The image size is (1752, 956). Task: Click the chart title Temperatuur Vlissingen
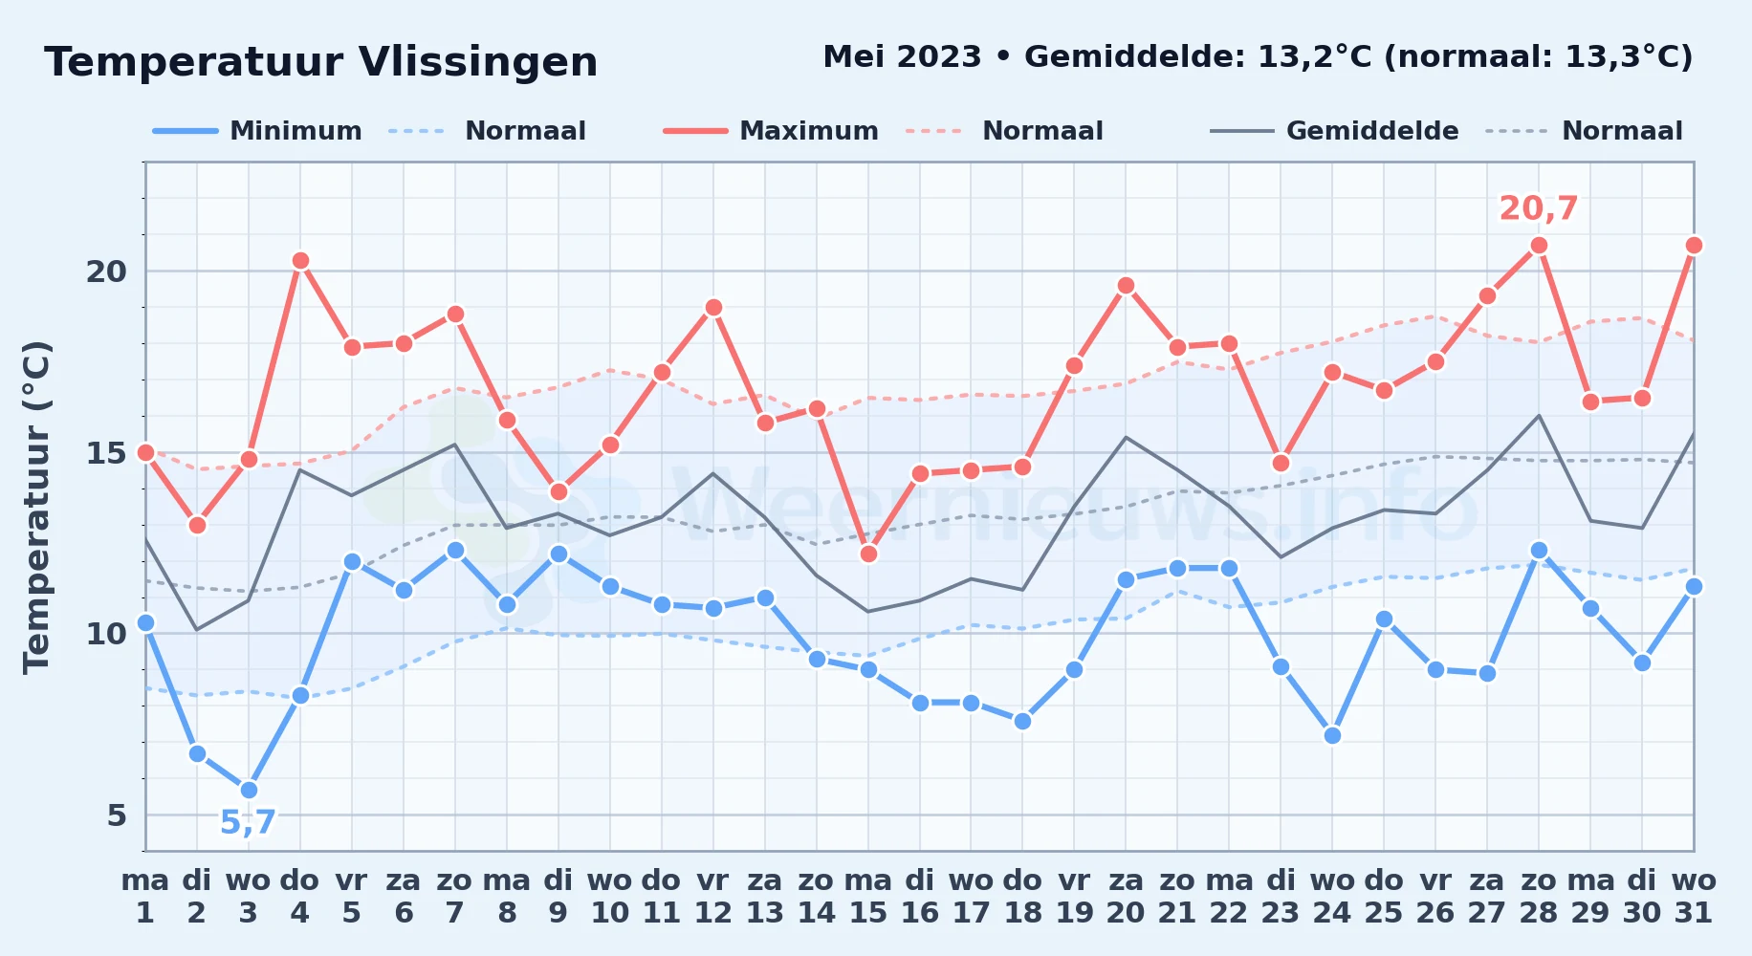pyautogui.click(x=321, y=62)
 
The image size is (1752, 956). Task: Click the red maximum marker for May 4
pyautogui.click(x=300, y=261)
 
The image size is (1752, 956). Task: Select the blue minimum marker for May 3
pyautogui.click(x=249, y=791)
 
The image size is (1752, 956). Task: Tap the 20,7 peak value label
pyautogui.click(x=1538, y=208)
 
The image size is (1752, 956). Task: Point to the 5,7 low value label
pyautogui.click(x=248, y=822)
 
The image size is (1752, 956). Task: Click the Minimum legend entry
pyautogui.click(x=257, y=131)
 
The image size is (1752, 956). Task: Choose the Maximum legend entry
pyautogui.click(x=771, y=131)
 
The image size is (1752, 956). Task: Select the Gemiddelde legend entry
pyautogui.click(x=1334, y=131)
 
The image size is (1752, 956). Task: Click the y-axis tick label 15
pyautogui.click(x=106, y=452)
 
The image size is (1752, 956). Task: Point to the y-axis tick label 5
pyautogui.click(x=117, y=815)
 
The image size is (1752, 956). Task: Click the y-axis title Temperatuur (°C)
pyautogui.click(x=37, y=507)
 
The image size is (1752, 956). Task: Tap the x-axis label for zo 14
pyautogui.click(x=817, y=897)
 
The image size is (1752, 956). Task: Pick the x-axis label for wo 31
pyautogui.click(x=1694, y=897)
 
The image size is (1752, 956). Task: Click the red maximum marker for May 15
pyautogui.click(x=868, y=554)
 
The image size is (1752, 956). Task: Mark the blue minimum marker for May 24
pyautogui.click(x=1332, y=736)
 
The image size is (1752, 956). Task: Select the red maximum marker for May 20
pyautogui.click(x=1126, y=286)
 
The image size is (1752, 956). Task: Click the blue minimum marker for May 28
pyautogui.click(x=1539, y=551)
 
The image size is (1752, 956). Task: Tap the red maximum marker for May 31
pyautogui.click(x=1694, y=246)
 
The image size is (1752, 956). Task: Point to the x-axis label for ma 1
pyautogui.click(x=145, y=897)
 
